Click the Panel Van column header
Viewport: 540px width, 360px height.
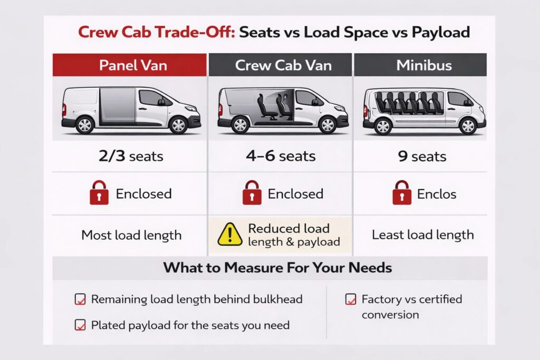pos(130,65)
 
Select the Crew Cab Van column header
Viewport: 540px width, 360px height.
pos(281,65)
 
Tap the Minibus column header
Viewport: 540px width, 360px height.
pos(420,65)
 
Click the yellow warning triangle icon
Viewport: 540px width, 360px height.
pos(230,235)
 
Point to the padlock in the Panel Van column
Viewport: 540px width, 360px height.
pos(99,193)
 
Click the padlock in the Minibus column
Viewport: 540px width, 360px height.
pos(402,193)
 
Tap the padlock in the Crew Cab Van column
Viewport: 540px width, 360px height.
pos(252,193)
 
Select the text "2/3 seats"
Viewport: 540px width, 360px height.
pos(131,156)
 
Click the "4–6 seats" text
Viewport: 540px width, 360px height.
pos(281,156)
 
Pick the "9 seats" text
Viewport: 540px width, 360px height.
pos(422,157)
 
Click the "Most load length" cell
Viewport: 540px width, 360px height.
pos(131,236)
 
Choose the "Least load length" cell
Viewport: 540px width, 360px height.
pos(423,235)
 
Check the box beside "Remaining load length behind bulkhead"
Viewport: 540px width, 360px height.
pos(80,299)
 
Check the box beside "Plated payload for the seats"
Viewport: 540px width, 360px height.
pos(80,325)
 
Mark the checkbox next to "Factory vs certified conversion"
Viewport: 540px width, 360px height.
pos(351,299)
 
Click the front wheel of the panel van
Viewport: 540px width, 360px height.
pos(178,125)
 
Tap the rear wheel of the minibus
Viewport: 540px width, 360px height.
pos(383,126)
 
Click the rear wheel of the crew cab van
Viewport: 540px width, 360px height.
pos(240,124)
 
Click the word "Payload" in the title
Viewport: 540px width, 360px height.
pos(441,32)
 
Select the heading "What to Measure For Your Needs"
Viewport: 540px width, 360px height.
pos(277,267)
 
